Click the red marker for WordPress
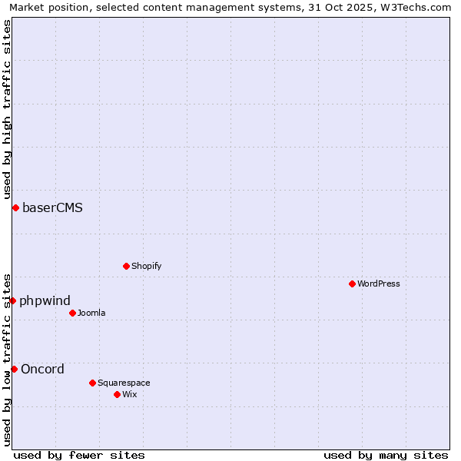353,284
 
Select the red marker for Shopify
127,266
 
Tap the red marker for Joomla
73,313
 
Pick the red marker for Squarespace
93,383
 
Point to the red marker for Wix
118,394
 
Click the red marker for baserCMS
15,207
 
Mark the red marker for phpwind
13,300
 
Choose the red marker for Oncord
14,369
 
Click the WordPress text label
379,284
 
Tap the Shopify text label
146,266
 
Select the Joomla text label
91,313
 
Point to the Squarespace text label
124,383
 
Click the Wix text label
130,394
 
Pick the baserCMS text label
52,207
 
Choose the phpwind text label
45,300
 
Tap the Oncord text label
42,369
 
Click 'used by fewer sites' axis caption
79,455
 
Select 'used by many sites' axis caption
386,455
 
